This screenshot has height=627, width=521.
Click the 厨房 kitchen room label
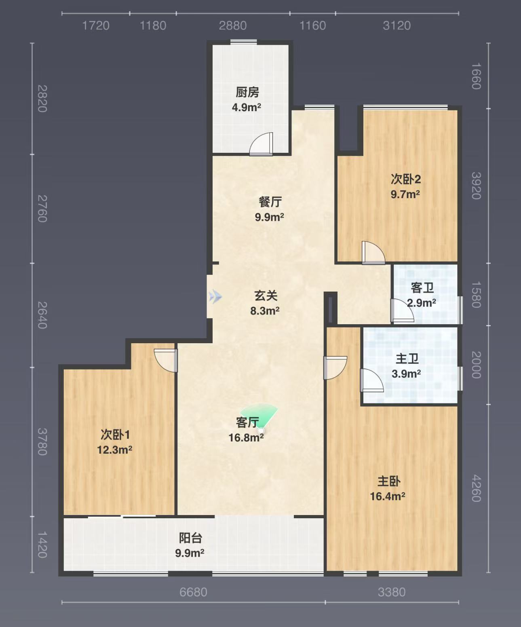tap(247, 93)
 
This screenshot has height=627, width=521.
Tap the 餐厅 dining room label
tap(270, 202)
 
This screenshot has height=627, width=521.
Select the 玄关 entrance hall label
tap(266, 296)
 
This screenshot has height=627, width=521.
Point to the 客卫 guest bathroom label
tap(422, 288)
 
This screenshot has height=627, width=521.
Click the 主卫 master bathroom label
tap(407, 359)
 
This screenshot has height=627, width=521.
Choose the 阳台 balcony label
tap(190, 538)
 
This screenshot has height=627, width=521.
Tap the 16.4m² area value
tap(387, 496)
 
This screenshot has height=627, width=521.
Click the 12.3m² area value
tap(114, 450)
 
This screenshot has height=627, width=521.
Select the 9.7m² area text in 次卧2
tap(405, 194)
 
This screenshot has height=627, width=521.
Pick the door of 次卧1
tap(166, 361)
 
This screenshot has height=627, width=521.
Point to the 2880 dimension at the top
tap(233, 26)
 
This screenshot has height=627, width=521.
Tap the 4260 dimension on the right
tap(476, 488)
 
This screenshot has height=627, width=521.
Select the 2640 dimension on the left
tap(42, 315)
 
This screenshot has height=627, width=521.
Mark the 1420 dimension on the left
tap(42, 545)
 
